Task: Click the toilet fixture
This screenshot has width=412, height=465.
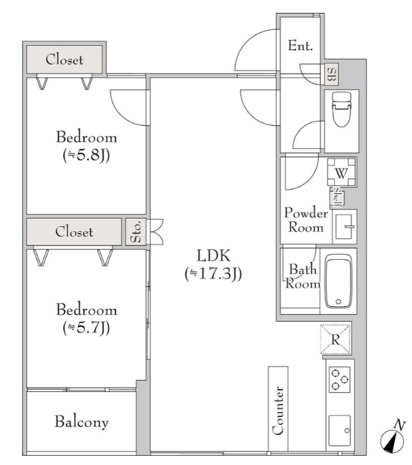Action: (341, 109)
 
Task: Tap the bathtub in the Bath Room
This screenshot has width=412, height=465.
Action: (338, 281)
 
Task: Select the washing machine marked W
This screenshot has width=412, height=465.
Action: (341, 172)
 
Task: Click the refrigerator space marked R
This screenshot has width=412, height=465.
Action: (335, 339)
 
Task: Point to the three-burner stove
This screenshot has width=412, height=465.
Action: (340, 379)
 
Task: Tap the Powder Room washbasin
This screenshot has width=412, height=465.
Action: (345, 227)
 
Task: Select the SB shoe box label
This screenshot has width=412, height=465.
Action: (332, 74)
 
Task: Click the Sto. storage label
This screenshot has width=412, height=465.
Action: (135, 232)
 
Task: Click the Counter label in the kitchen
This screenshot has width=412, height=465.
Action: (278, 411)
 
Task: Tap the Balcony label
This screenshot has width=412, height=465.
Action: (82, 421)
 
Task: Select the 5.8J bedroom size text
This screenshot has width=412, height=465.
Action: (87, 155)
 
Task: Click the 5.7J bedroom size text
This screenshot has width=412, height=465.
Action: (87, 328)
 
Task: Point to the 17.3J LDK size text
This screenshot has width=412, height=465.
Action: (214, 273)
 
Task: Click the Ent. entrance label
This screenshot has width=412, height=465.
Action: (300, 46)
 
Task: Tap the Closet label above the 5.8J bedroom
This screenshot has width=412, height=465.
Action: (64, 59)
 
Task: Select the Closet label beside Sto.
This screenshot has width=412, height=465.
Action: (75, 232)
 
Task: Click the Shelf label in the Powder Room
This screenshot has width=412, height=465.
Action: (337, 197)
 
